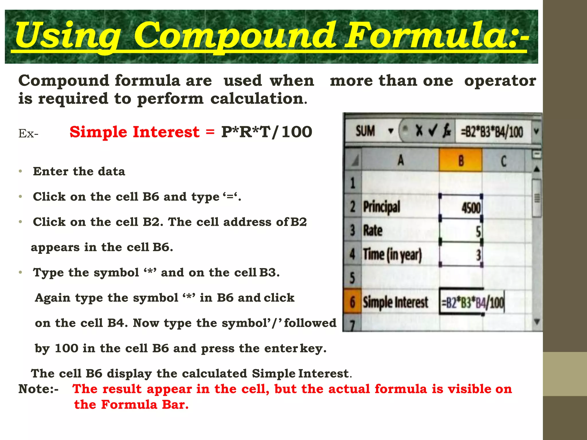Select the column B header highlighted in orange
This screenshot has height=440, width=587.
[460, 160]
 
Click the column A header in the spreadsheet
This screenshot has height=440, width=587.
[400, 160]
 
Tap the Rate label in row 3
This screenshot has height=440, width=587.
[373, 231]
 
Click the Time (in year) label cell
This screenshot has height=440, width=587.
[392, 255]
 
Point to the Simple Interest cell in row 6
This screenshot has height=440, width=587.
[395, 302]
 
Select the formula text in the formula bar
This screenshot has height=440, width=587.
[492, 132]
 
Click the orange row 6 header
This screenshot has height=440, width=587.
[353, 302]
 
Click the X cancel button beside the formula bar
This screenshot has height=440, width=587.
[419, 131]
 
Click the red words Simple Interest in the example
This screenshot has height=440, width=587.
[134, 132]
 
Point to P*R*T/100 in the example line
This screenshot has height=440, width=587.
[267, 132]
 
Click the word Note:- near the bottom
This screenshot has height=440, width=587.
[38, 389]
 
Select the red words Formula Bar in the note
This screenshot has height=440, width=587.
[145, 405]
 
